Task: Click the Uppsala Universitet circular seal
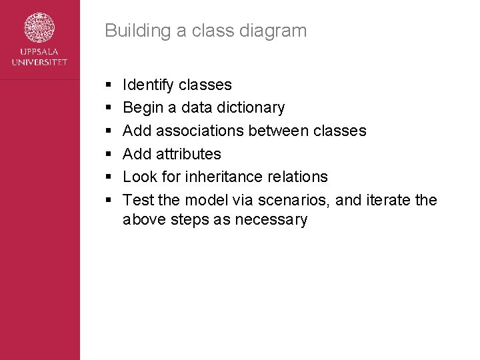39,29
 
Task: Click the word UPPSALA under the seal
39,53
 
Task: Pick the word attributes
189,154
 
